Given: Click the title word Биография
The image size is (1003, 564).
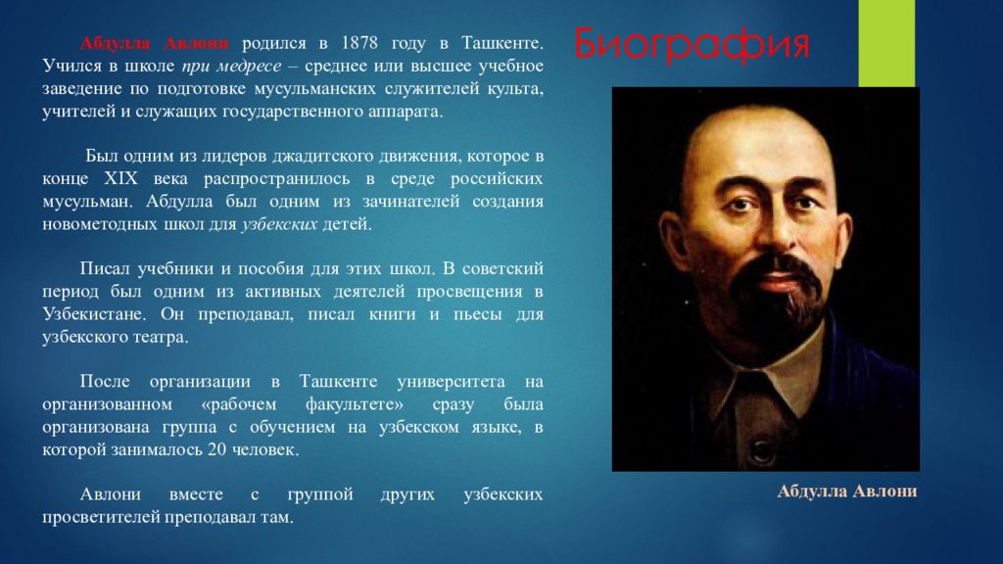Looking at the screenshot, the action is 692,44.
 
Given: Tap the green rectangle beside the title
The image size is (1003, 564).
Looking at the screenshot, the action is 886,43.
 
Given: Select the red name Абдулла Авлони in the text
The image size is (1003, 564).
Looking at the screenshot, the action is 154,43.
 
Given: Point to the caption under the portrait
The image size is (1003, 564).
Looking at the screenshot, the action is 847,492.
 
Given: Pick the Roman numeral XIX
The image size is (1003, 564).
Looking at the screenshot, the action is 120,178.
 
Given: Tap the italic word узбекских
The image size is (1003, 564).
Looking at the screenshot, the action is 279,224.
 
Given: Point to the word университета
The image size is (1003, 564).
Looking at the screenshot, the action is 451,382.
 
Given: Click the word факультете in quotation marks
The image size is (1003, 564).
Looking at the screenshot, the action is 354,404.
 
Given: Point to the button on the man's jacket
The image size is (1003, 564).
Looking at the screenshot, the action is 762,449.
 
